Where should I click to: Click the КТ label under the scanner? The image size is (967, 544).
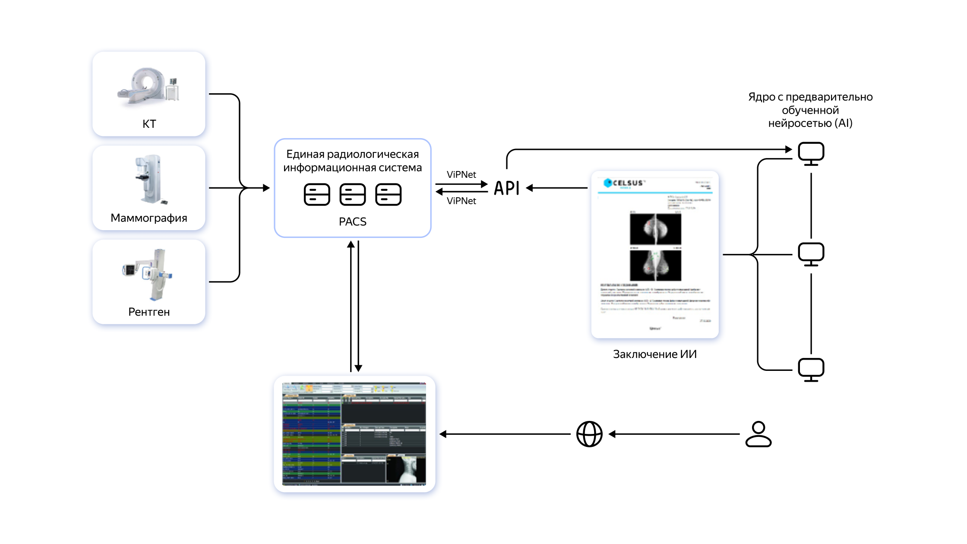pyautogui.click(x=149, y=124)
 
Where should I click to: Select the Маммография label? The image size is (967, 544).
pyautogui.click(x=149, y=218)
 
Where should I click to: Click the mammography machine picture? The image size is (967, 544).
pyautogui.click(x=149, y=179)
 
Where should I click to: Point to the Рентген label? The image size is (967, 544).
pyautogui.click(x=149, y=312)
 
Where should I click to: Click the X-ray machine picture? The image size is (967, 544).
pyautogui.click(x=149, y=274)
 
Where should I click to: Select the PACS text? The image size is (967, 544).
pyautogui.click(x=352, y=222)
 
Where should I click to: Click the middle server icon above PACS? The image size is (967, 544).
pyautogui.click(x=352, y=194)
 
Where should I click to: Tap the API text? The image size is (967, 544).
pyautogui.click(x=507, y=188)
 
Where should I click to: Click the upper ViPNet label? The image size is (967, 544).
pyautogui.click(x=461, y=174)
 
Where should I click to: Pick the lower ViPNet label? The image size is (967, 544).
pyautogui.click(x=461, y=201)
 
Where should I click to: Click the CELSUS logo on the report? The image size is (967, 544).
pyautogui.click(x=624, y=183)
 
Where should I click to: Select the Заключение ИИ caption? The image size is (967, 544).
pyautogui.click(x=654, y=354)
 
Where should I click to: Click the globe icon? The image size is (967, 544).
pyautogui.click(x=589, y=434)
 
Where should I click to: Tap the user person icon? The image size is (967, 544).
pyautogui.click(x=758, y=434)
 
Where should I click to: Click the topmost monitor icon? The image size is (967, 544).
pyautogui.click(x=811, y=154)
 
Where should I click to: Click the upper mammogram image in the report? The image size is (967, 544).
pyautogui.click(x=655, y=229)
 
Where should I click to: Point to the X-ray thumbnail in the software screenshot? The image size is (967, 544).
pyautogui.click(x=406, y=469)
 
